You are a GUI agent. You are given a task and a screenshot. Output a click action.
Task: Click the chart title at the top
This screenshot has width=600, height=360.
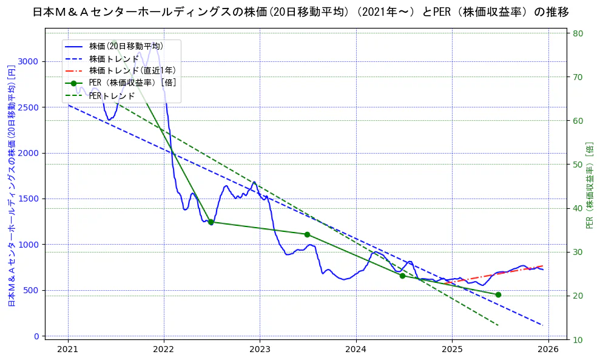(x=300, y=12)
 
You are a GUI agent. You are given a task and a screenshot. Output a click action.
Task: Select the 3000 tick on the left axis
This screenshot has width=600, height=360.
(x=30, y=61)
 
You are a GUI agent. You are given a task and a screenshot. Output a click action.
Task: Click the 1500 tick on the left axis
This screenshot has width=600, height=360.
(x=30, y=199)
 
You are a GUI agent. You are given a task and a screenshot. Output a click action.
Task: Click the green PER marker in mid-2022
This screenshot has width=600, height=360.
(x=211, y=222)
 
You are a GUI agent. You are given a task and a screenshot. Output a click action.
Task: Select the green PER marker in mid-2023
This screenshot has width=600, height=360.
(x=307, y=234)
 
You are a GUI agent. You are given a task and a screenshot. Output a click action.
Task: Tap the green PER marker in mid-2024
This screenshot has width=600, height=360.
(x=402, y=276)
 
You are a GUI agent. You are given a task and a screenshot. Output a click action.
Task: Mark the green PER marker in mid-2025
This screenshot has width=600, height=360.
(x=498, y=294)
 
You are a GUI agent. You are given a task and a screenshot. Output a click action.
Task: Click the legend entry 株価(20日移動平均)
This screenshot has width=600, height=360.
(x=126, y=46)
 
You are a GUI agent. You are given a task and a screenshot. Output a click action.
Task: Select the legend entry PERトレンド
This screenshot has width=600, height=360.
(x=112, y=95)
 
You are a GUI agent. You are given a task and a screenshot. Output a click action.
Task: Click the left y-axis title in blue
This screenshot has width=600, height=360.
(x=11, y=185)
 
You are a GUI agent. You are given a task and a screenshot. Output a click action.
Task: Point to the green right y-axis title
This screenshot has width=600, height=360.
(x=590, y=185)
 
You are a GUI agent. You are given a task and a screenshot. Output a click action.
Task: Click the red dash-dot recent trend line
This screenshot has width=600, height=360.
(x=497, y=274)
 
